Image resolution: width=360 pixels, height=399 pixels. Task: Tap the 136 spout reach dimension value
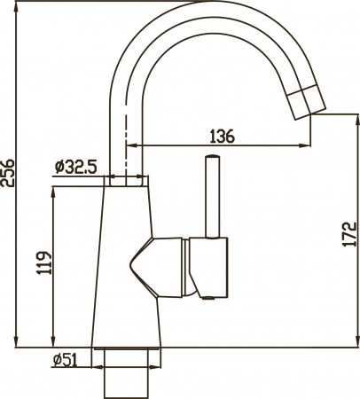pyautogui.click(x=222, y=136)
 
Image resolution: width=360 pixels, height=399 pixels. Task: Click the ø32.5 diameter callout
pyautogui.click(x=74, y=166)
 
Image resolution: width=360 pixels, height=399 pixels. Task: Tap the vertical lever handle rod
pyautogui.click(x=212, y=199)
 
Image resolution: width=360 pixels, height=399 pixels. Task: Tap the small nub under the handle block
pyautogui.click(x=210, y=300)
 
